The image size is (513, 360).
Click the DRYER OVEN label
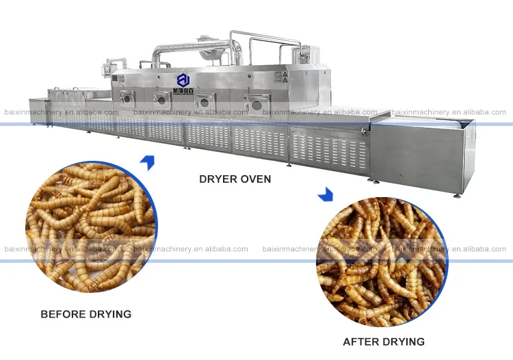[235, 179]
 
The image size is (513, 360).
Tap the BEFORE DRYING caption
[85, 315]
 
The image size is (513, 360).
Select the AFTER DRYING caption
[383, 342]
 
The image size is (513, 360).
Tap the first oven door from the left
[125, 98]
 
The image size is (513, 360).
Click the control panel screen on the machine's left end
[106, 69]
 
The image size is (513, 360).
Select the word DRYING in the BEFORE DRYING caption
[107, 315]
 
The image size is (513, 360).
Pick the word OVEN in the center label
[255, 179]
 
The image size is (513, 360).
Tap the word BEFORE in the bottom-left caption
[62, 315]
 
